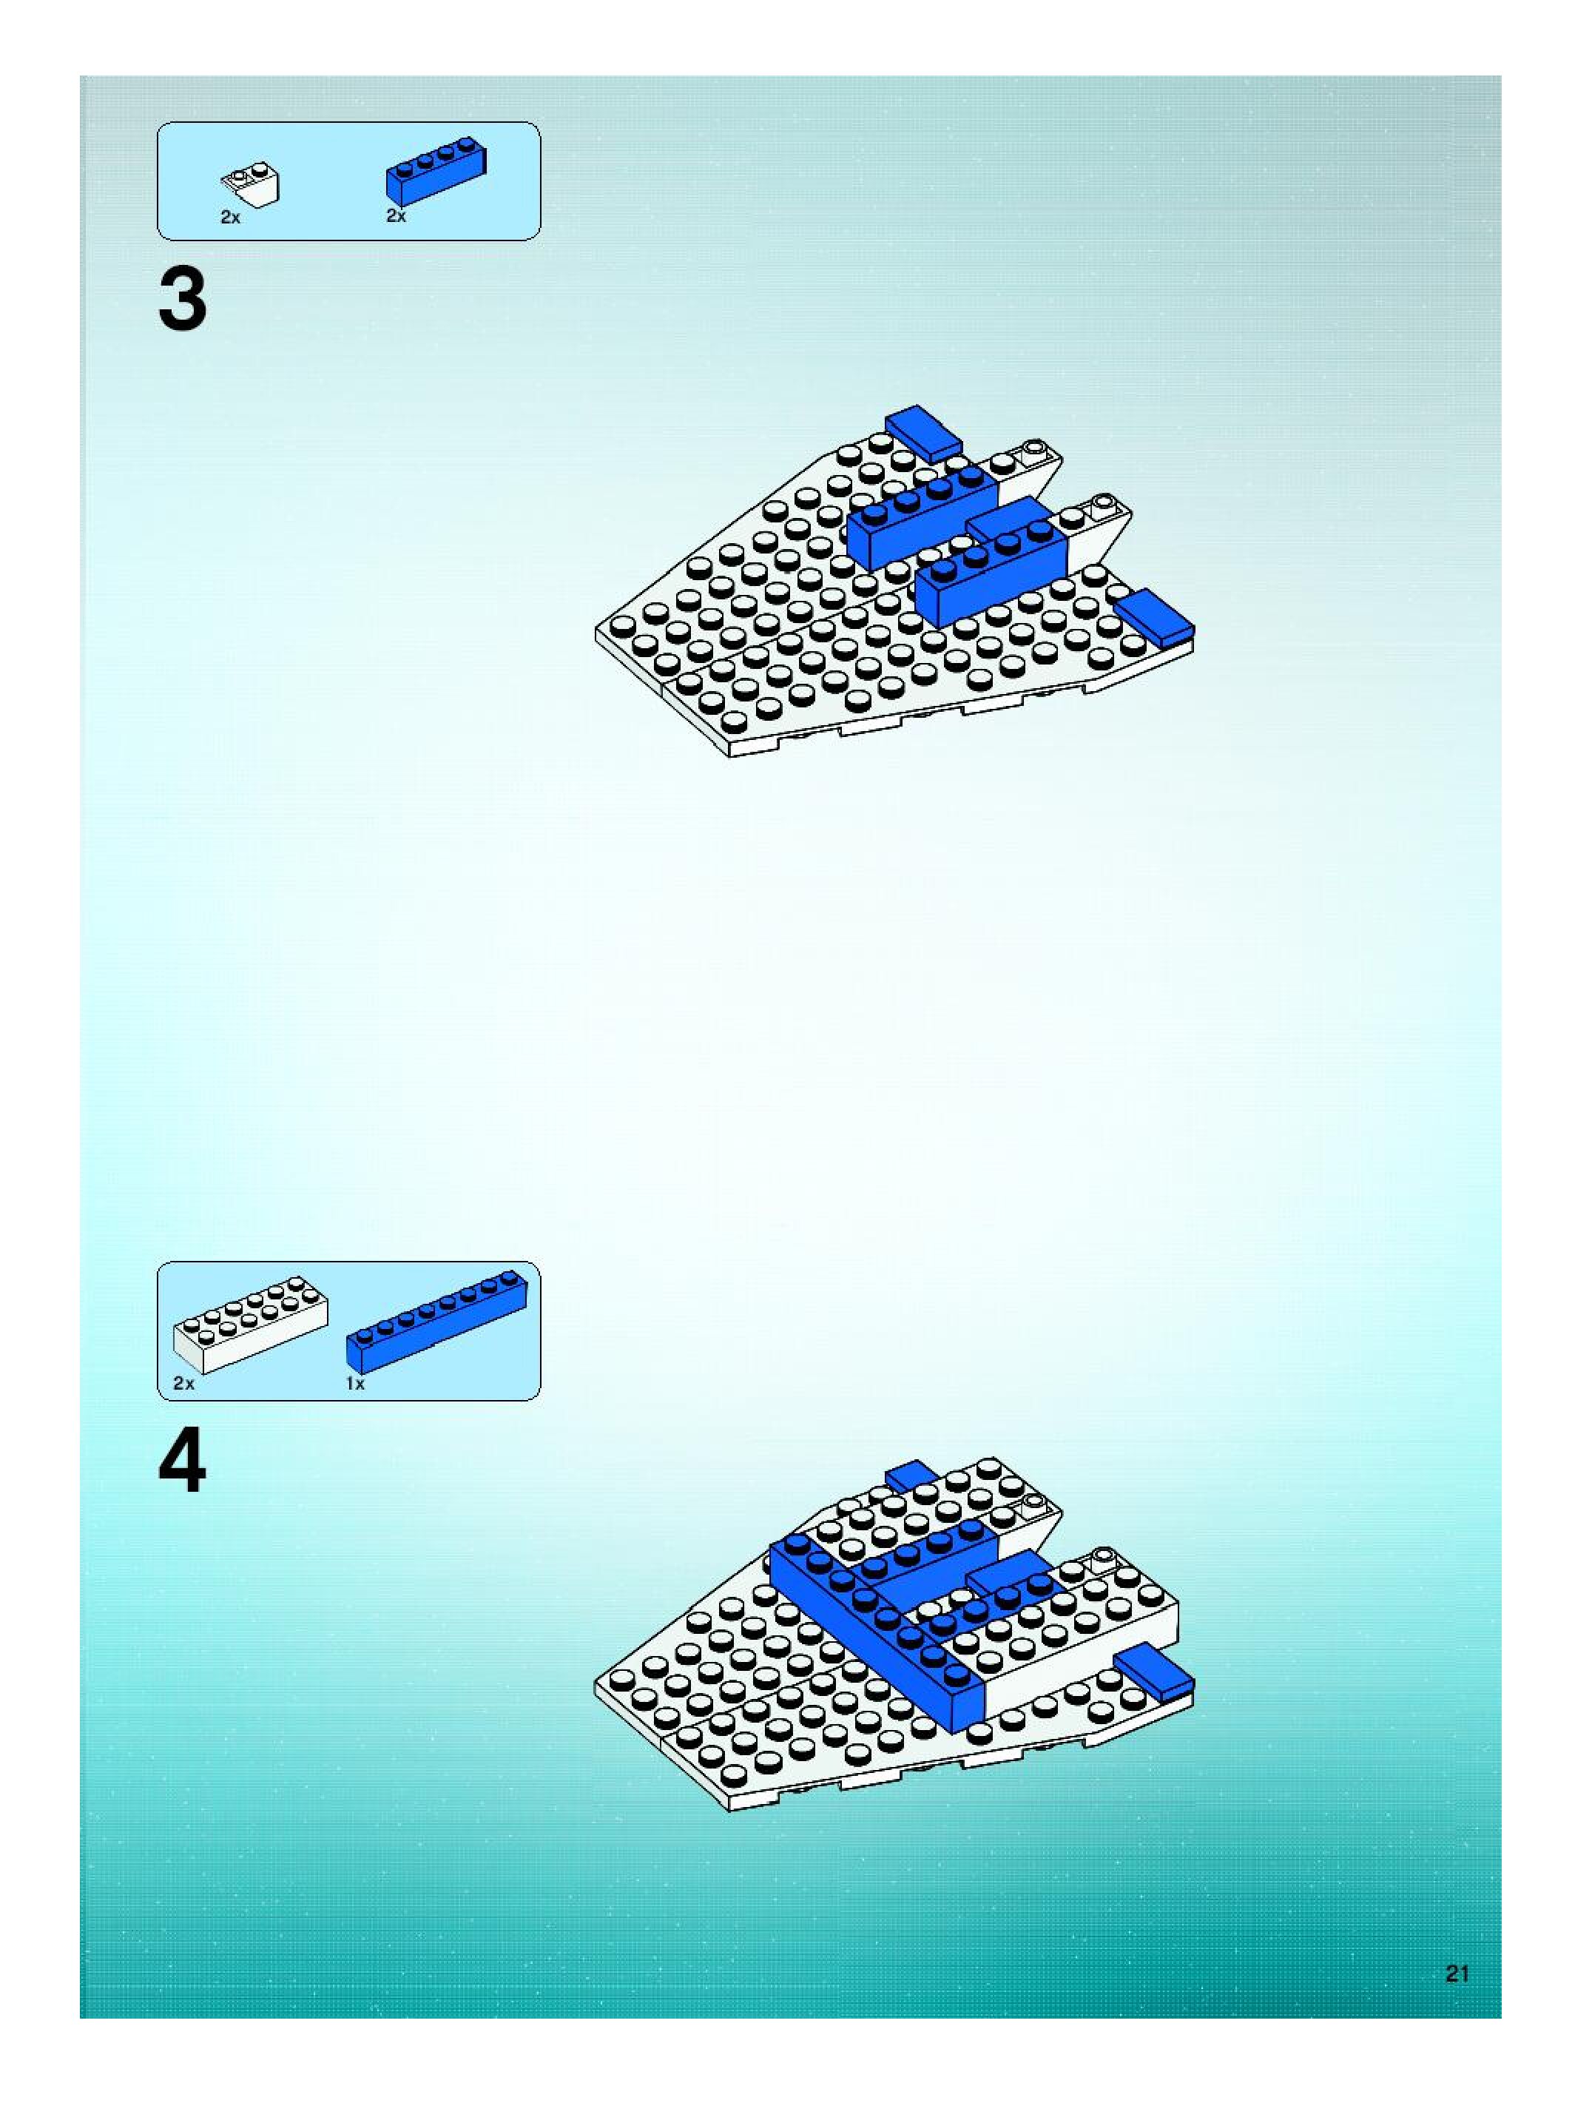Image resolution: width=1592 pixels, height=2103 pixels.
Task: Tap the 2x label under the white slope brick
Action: [230, 218]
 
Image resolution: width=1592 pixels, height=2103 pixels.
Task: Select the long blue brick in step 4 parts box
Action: [437, 1321]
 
